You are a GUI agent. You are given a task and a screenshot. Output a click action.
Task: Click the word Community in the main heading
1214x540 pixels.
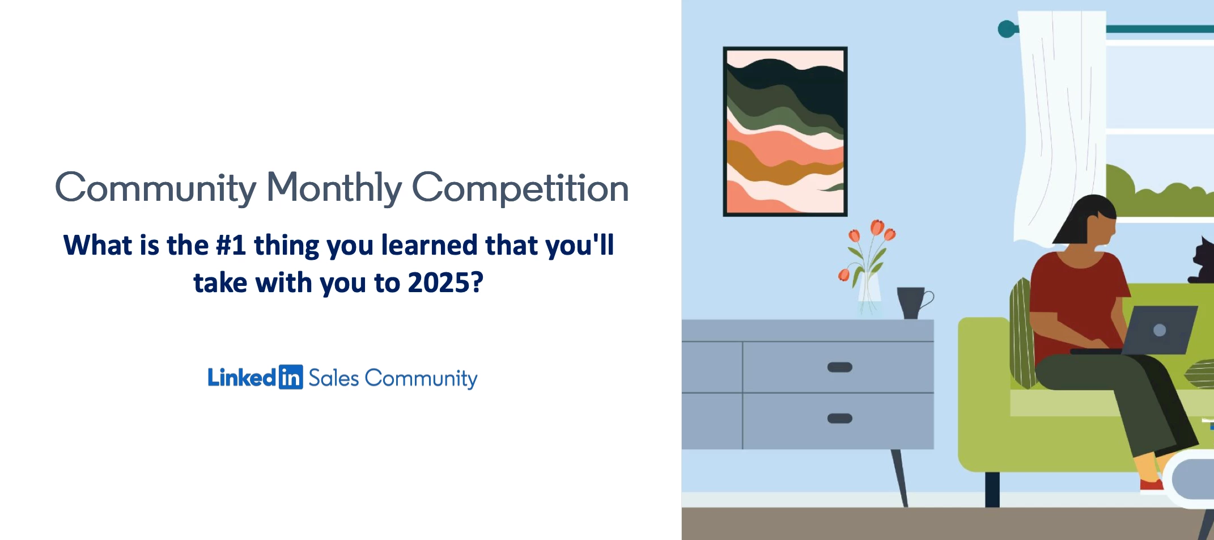[x=156, y=188]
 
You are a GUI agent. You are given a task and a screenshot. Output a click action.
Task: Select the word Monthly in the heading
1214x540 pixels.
[x=334, y=188]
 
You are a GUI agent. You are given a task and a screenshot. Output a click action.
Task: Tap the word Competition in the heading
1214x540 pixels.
[x=520, y=188]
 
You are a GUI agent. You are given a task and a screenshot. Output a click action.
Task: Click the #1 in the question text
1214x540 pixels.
[x=231, y=246]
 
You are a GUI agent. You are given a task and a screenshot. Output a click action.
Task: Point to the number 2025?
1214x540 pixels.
[x=445, y=283]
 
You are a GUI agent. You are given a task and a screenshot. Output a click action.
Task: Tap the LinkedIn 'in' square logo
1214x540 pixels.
[x=291, y=377]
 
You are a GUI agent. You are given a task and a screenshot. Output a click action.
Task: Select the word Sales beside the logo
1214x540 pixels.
[x=334, y=378]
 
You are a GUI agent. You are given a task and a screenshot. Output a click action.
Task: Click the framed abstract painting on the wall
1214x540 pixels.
[x=785, y=132]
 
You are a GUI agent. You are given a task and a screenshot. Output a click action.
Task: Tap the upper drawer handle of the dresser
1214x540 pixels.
[x=839, y=367]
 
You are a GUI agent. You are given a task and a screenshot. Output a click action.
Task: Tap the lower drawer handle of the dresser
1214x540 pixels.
[x=839, y=419]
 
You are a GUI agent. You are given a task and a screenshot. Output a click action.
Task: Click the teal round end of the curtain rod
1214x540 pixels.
[x=1007, y=29]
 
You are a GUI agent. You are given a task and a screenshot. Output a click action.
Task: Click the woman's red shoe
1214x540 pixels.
[x=1151, y=486]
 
